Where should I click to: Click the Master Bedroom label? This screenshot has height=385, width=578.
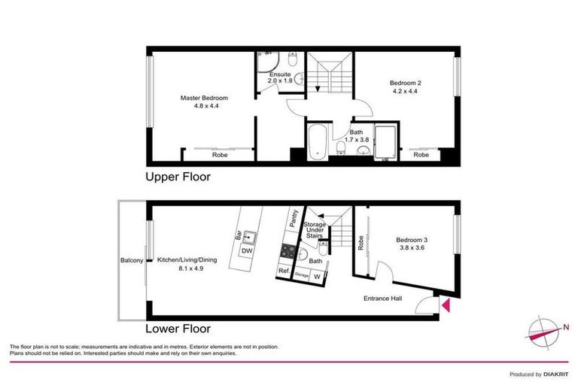click(203, 98)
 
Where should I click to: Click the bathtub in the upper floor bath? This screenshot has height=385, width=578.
click(317, 141)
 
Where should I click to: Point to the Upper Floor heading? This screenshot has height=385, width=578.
click(178, 177)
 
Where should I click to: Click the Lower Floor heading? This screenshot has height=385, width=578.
click(178, 329)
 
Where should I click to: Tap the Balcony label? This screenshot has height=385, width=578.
click(132, 261)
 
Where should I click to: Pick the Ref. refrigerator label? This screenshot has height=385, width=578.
click(284, 271)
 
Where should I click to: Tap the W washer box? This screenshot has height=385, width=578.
click(316, 276)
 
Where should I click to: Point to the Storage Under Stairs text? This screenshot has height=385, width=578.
click(314, 230)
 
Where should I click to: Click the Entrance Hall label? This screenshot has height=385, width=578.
click(384, 298)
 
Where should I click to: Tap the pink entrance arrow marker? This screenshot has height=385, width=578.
click(445, 305)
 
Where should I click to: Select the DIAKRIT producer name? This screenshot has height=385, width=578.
click(555, 374)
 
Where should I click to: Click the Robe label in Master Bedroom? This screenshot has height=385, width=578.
click(220, 154)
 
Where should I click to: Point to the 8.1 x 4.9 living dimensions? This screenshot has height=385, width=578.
click(187, 268)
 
